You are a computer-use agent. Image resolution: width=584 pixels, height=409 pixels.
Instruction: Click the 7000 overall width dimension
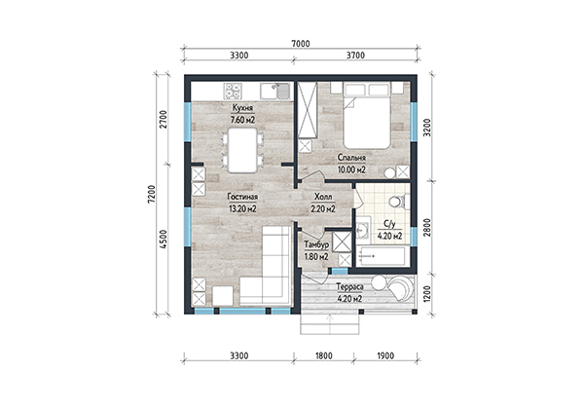[301, 44]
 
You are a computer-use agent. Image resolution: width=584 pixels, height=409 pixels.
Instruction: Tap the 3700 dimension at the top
[355, 56]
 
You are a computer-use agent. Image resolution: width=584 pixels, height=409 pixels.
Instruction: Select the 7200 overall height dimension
[151, 194]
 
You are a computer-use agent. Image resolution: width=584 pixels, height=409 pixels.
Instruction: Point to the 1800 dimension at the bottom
[324, 355]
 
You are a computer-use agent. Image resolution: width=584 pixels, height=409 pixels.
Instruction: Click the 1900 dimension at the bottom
[385, 355]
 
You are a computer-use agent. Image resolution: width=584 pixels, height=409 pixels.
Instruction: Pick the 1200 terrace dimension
[427, 294]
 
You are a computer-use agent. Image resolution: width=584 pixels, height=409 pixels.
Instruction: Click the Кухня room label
[242, 108]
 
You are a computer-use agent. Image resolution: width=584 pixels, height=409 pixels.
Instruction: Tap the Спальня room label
[351, 158]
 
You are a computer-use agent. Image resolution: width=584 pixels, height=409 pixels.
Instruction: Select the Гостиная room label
[242, 197]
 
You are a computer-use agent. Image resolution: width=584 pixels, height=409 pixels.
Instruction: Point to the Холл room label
[323, 197]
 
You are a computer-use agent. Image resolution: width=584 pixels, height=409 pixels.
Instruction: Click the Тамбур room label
[316, 244]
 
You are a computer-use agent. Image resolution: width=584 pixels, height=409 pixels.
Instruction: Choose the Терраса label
[349, 287]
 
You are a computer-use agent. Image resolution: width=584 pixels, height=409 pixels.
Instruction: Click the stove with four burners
[233, 92]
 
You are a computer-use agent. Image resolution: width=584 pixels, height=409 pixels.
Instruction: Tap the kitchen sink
[275, 92]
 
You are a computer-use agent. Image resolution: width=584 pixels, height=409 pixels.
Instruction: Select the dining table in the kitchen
[242, 150]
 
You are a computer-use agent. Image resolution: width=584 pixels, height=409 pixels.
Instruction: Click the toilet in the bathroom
[398, 203]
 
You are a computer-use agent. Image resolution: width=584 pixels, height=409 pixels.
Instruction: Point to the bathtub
[381, 256]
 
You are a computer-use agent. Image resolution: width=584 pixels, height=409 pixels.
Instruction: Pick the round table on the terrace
[380, 282]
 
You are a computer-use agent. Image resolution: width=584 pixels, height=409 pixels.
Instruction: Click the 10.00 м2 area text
[351, 169]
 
